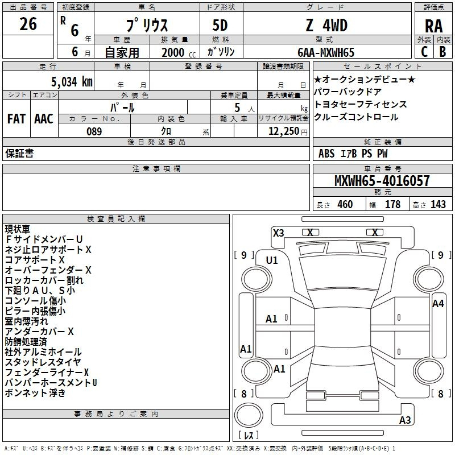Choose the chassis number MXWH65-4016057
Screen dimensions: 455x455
[382, 181]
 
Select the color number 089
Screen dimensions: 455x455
[94, 131]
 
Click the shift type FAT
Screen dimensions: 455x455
[16, 118]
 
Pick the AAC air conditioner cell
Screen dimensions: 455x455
[44, 118]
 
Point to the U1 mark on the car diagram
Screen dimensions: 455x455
[272, 260]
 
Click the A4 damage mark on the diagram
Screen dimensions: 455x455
[438, 304]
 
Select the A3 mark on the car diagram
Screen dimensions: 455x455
[405, 420]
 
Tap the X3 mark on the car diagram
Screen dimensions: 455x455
[278, 233]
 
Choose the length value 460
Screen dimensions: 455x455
[345, 205]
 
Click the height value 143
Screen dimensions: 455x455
[438, 205]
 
